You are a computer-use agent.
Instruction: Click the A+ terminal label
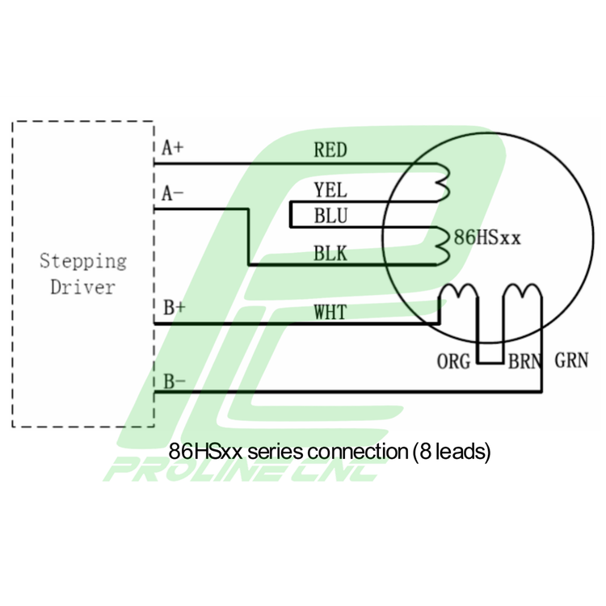173,148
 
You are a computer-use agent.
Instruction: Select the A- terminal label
172,194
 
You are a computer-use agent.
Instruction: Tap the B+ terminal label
174,308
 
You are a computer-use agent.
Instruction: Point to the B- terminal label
173,381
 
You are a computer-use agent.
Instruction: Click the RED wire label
330,149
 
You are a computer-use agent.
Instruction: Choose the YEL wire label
330,191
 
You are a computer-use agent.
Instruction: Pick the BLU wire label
330,216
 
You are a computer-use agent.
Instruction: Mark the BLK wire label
330,254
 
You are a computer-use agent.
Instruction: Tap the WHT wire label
330,312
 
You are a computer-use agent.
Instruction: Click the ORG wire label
453,361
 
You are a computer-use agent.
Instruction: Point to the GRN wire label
572,360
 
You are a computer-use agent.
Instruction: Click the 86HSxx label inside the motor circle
487,238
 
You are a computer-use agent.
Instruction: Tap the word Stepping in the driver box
83,262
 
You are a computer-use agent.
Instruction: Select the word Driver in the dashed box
83,287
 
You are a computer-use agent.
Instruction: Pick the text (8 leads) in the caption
452,451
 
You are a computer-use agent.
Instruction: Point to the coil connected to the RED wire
442,179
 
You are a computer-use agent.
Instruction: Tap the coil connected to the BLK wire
442,246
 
